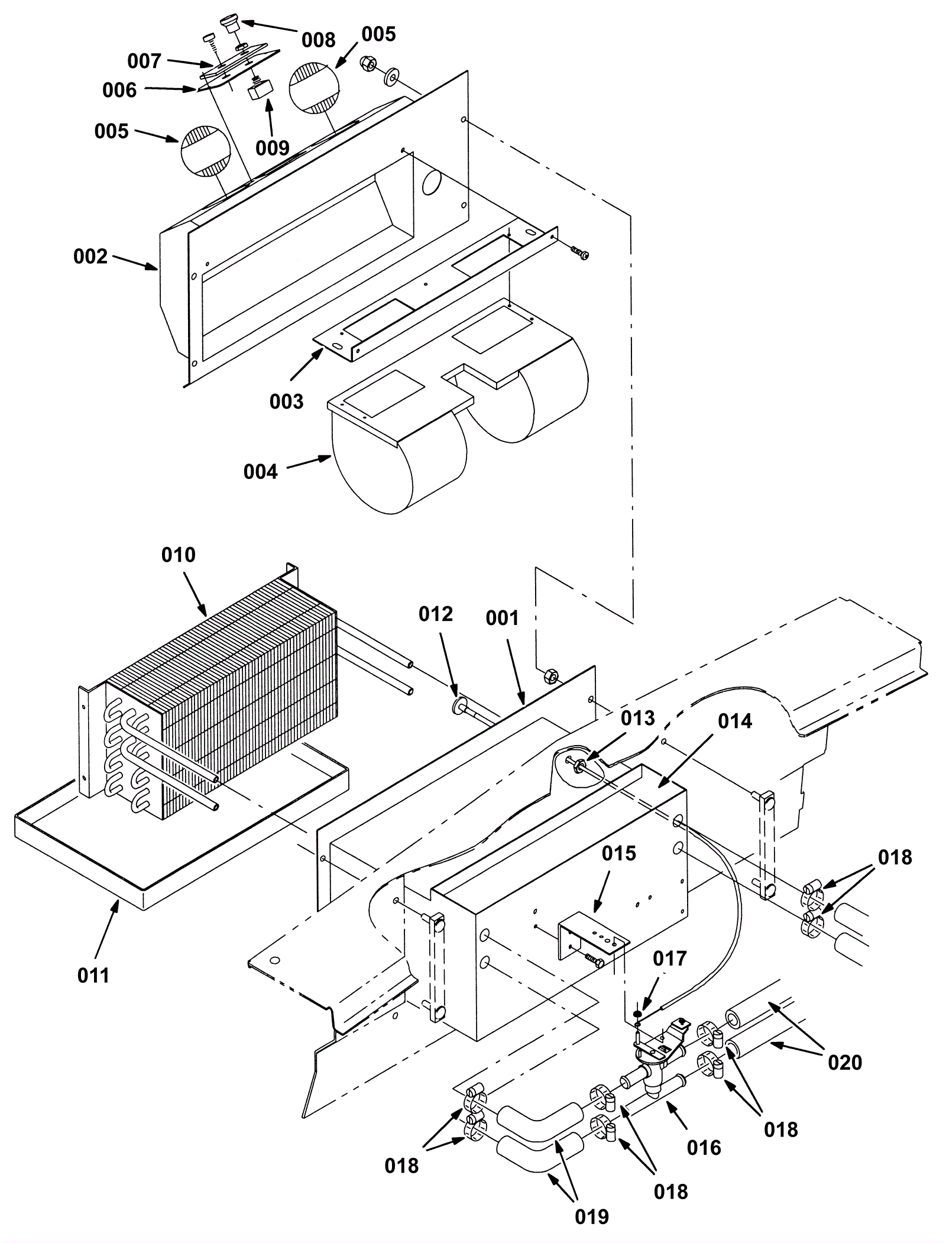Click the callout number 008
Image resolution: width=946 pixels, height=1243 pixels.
(x=318, y=40)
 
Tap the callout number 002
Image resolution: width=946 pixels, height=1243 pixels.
(x=90, y=256)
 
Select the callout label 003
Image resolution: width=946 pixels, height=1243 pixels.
(x=286, y=402)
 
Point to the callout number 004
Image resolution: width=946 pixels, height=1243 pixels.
(x=260, y=471)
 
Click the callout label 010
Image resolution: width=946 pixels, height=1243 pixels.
(x=179, y=555)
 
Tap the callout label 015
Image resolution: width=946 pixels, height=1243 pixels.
(x=619, y=853)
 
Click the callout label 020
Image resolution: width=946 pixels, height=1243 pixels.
(x=845, y=1062)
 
